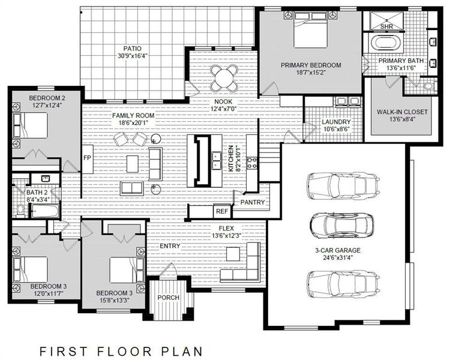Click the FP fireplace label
(x=86, y=158)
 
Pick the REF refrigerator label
(x=221, y=212)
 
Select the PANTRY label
(x=252, y=202)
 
